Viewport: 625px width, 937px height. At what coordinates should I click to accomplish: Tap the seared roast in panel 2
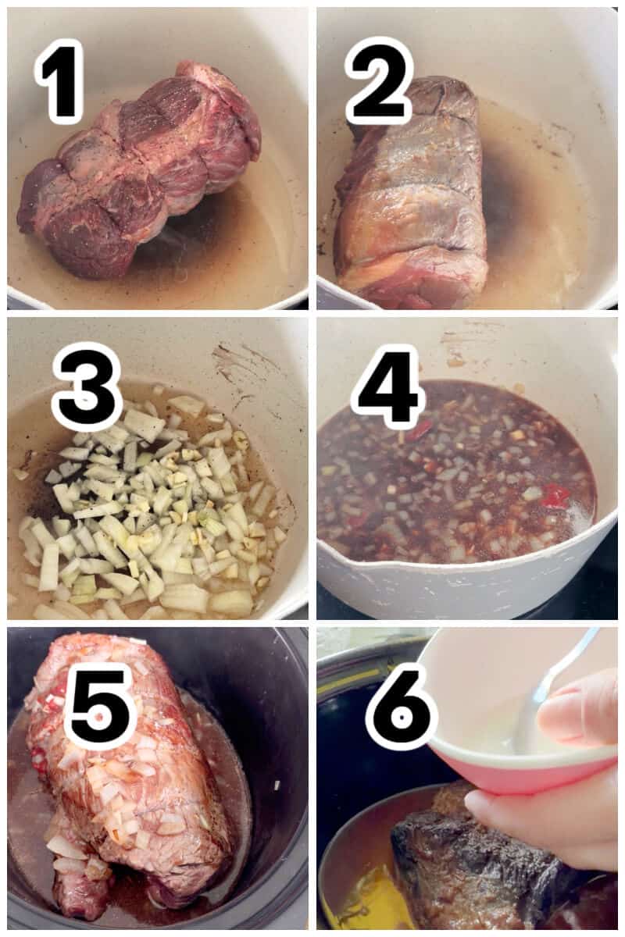click(x=410, y=203)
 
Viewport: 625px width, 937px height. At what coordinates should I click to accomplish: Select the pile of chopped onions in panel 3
click(x=148, y=508)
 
